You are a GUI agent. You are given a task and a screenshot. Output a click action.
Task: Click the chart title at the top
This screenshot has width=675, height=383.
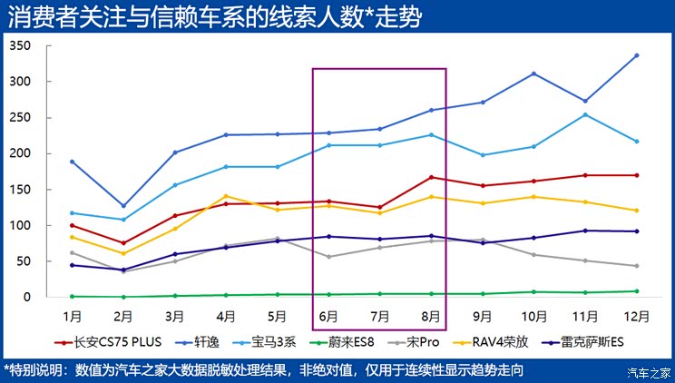click(x=214, y=17)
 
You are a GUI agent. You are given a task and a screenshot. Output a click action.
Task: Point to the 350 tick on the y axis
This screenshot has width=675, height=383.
click(x=20, y=45)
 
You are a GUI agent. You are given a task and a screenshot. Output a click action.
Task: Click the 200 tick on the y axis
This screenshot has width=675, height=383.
click(x=20, y=153)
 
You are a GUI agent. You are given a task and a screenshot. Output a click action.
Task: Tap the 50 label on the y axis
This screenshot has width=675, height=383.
click(x=24, y=261)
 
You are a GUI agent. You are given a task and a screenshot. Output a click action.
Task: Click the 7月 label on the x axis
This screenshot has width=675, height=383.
click(x=380, y=316)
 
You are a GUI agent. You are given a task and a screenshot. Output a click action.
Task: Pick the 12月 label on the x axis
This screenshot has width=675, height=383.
click(x=637, y=316)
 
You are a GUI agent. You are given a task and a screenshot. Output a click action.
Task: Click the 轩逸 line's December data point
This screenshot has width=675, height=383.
click(x=637, y=55)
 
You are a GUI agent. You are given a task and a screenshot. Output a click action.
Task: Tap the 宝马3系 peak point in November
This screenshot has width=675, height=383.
click(x=585, y=114)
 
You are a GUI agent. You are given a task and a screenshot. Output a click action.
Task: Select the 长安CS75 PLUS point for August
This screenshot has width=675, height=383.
click(x=431, y=177)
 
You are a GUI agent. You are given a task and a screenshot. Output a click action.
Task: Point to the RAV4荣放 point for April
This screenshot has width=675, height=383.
click(x=226, y=196)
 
